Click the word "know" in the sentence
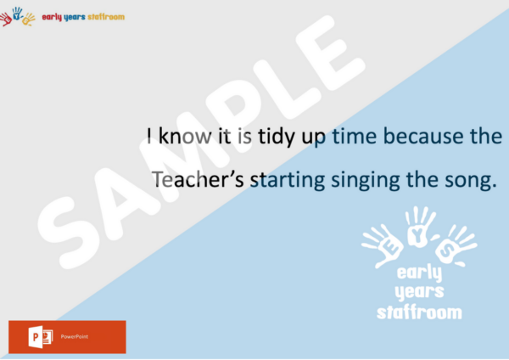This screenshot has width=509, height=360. point(185,136)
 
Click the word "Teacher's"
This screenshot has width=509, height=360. point(198,179)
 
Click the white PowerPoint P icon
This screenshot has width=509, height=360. point(41,337)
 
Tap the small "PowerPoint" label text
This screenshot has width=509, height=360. point(75,336)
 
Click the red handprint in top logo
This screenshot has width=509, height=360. point(6,19)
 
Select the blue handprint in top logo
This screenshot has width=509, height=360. point(17,14)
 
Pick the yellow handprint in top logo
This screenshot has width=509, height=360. point(29,20)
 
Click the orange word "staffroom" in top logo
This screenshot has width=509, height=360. point(106,17)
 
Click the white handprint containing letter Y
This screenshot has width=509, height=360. point(419,227)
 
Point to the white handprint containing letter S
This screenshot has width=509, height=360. point(455,245)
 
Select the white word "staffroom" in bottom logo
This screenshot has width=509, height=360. point(419,312)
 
